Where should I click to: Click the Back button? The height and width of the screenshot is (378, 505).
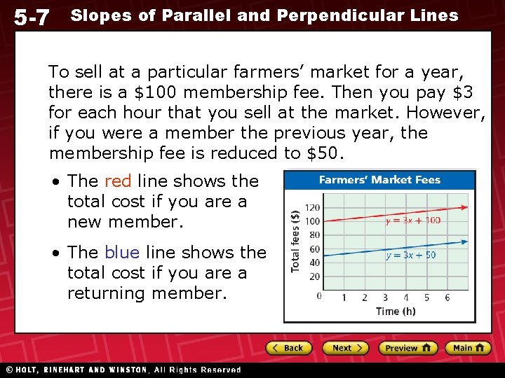point(288,348)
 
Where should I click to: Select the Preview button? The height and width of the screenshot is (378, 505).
point(408,348)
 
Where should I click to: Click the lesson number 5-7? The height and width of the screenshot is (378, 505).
point(32,17)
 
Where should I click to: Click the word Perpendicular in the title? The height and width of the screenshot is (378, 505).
point(335,15)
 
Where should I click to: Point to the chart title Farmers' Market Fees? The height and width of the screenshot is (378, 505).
point(379,180)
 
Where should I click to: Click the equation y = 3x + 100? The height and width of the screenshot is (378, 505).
point(413,220)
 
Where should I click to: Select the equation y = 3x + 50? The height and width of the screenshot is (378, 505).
point(410,255)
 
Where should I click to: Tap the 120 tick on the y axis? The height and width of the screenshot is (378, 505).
point(313,207)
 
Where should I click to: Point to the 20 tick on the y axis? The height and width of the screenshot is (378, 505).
point(315,276)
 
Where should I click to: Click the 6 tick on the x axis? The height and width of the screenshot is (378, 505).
point(447,297)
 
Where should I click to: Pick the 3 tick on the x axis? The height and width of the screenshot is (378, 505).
point(384,297)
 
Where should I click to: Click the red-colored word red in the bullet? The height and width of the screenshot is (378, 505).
point(118,181)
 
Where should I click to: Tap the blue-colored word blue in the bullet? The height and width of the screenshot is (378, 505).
point(122,252)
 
